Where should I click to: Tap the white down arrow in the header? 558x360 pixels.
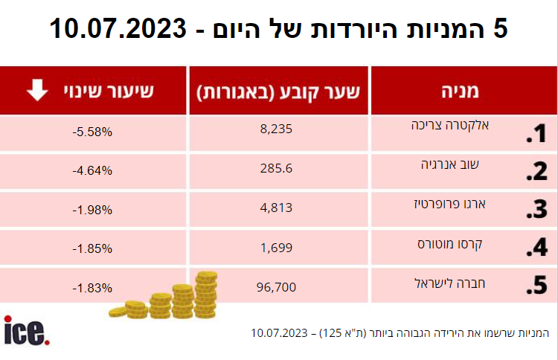pos(35,91)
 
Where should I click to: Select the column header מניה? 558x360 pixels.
pos(464,91)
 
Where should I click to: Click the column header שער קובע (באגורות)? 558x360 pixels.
pos(278,91)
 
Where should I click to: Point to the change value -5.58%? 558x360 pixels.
pos(93,132)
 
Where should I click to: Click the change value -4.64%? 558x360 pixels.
pos(93,171)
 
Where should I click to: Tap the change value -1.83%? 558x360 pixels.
pos(93,288)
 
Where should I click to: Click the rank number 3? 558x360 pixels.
pos(536,210)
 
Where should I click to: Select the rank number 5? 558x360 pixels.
pos(536,286)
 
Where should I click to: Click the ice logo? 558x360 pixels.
pos(26,332)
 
